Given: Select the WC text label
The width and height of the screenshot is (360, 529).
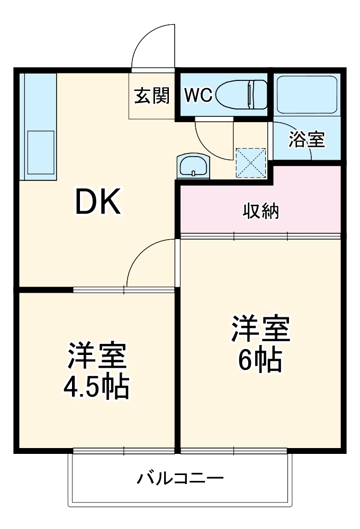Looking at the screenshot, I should (198, 95).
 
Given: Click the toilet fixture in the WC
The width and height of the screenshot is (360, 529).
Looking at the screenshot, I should (243, 94).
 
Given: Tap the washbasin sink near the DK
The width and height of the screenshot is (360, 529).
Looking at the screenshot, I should (193, 166).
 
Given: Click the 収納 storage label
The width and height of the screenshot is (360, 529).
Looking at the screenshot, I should (260, 211).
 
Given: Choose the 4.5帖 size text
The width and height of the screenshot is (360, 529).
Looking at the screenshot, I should (97, 388).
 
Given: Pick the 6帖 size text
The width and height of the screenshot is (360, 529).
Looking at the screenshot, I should (259, 361).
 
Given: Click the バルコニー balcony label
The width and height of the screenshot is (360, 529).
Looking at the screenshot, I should (181, 479).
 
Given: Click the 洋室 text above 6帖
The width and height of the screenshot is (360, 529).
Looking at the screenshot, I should (260, 330).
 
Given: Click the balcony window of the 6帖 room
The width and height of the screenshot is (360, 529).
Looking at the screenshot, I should (233, 451).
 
